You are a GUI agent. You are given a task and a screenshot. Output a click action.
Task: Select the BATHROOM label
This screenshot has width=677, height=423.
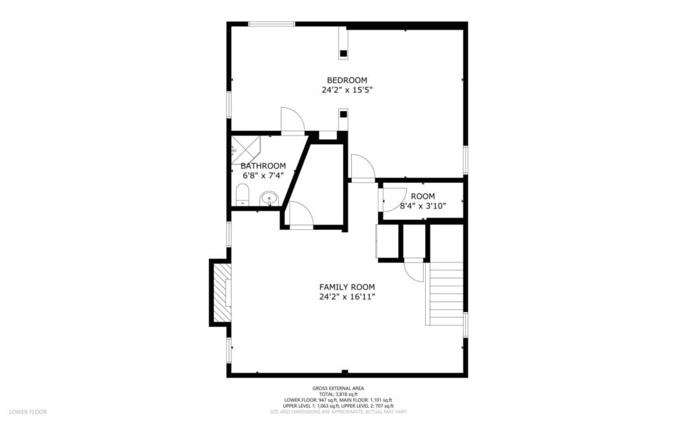click(x=263, y=166)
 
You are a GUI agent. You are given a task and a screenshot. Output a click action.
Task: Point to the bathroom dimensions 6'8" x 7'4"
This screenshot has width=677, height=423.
click(x=262, y=176)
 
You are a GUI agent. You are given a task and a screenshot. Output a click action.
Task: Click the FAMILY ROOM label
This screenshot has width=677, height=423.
click(x=347, y=287)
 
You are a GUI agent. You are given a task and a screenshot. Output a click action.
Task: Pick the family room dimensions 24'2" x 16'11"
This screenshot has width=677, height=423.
click(x=347, y=297)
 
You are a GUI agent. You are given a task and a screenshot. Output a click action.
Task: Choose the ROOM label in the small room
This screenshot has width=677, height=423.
click(x=423, y=196)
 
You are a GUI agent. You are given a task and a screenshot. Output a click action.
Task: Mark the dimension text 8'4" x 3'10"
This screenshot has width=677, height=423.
click(x=423, y=206)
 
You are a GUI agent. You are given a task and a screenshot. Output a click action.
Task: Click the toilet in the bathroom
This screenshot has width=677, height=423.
click(x=243, y=195)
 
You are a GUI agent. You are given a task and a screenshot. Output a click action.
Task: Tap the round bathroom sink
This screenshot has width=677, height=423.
click(x=269, y=198)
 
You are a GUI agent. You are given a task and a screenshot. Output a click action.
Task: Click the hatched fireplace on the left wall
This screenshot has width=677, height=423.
click(x=222, y=292)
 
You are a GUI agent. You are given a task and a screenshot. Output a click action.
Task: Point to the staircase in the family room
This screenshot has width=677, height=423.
click(x=446, y=294)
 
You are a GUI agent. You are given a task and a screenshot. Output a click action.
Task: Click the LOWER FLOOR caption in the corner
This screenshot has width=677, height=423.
click(x=28, y=412)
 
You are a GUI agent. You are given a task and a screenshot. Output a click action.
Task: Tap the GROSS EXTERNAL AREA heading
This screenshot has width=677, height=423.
click(x=338, y=388)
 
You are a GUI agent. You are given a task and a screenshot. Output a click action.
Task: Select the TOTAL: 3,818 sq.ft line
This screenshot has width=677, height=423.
click(x=338, y=394)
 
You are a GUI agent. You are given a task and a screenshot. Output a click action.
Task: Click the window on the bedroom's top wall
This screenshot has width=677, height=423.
click(x=272, y=24)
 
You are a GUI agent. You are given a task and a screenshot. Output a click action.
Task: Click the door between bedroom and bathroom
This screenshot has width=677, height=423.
click(x=292, y=121)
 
